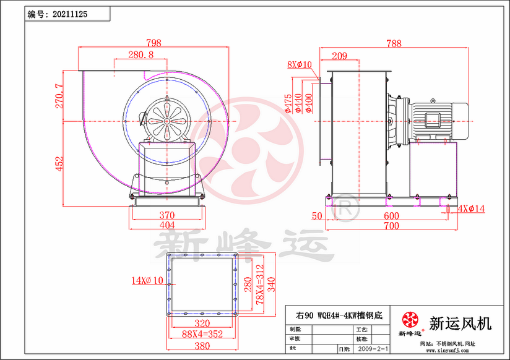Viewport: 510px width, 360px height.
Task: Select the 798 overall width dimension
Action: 153,43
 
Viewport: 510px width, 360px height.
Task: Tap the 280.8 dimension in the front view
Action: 140,55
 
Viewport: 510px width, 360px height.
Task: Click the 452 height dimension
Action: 59,163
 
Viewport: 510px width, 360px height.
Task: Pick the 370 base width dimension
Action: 166,215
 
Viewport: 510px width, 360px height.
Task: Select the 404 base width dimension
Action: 166,226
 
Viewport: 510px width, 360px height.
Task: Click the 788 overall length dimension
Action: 392,43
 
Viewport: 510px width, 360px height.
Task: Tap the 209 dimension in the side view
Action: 339,56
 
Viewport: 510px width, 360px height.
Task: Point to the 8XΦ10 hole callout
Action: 300,64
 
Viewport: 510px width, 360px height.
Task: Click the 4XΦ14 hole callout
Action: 471,209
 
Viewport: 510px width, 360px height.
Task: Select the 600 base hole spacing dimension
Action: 391,216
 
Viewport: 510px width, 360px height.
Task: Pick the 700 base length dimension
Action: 391,226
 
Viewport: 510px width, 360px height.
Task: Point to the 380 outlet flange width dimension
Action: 202,346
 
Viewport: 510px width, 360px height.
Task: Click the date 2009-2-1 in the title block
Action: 374,349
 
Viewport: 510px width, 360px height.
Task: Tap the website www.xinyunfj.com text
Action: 444,351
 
